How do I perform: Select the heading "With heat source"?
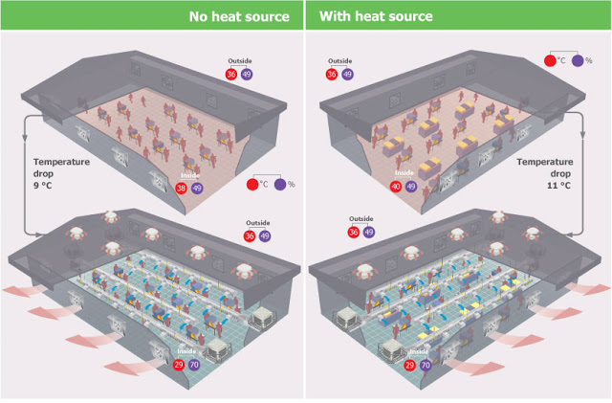pyautogui.click(x=376, y=16)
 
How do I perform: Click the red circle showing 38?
pyautogui.click(x=182, y=189)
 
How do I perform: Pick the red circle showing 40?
pyautogui.click(x=396, y=187)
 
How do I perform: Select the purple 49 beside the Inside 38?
pyautogui.click(x=198, y=189)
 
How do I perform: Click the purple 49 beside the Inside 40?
pyautogui.click(x=412, y=187)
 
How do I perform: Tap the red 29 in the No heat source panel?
pyautogui.click(x=181, y=365)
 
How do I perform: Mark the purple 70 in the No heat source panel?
pyautogui.click(x=197, y=365)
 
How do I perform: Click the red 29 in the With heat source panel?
pyautogui.click(x=410, y=365)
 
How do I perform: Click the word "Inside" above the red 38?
pyautogui.click(x=189, y=176)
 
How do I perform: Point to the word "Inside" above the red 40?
pyautogui.click(x=404, y=173)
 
